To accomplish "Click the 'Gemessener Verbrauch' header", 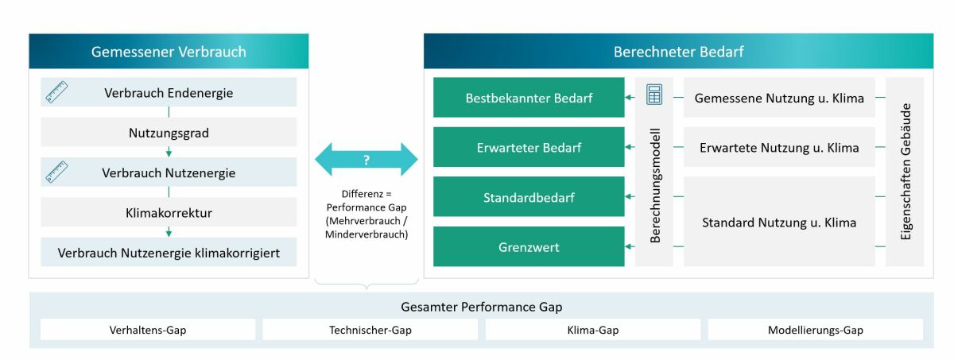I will pos(169,52).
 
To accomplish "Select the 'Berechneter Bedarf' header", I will pos(678,52).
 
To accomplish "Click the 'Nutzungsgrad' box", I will pos(169,133).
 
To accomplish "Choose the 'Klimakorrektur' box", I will pos(169,213).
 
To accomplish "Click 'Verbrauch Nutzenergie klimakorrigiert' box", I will pos(169,253).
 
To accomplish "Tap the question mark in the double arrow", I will pos(366,160).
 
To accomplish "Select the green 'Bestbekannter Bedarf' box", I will pos(529,98).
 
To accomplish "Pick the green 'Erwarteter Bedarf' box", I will pos(529,147).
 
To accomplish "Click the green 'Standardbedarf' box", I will pos(529,196).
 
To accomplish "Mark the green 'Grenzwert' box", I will pos(529,246).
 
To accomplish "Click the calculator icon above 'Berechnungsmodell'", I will pos(654,94).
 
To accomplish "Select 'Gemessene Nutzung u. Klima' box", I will pos(779,98).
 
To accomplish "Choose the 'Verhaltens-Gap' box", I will pos(148,330).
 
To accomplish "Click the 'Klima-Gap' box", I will pos(593,330).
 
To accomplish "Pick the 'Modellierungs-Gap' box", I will pos(815,330).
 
